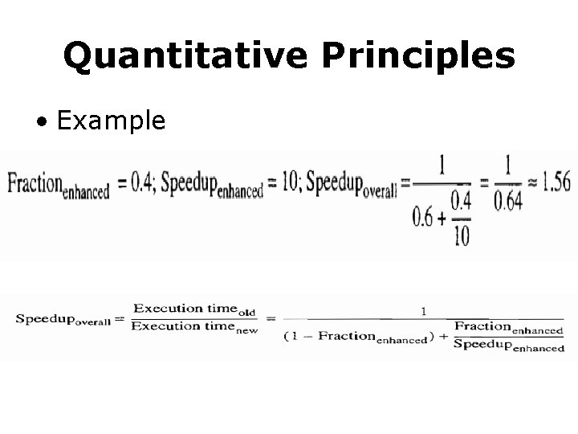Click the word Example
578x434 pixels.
click(x=112, y=121)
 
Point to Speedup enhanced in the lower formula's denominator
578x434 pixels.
click(x=509, y=346)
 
